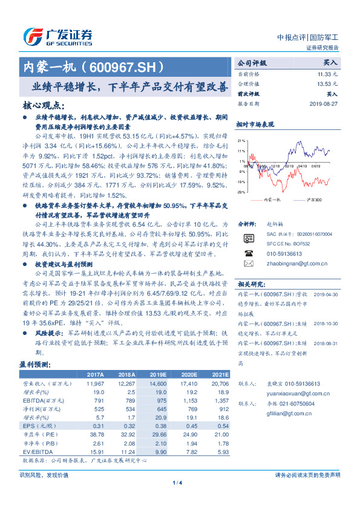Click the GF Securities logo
coord(57,35)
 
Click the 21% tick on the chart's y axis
coord(241,140)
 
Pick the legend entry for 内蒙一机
coord(270,199)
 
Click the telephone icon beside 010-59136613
coord(248,253)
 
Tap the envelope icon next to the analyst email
coord(248,264)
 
